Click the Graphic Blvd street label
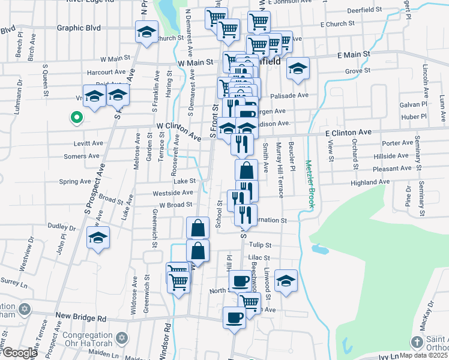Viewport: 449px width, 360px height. coord(79,28)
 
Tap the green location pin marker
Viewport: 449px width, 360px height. coord(76,118)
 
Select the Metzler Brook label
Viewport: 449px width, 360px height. coord(310,184)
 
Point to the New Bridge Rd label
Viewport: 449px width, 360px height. coord(80,316)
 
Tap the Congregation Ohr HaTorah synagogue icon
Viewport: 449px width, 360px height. coord(122,338)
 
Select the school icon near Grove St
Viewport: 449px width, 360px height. coord(297,68)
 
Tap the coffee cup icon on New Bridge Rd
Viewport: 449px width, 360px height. coord(234,316)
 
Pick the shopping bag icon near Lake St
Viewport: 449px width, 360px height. coord(246,170)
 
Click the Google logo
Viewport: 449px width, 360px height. coord(19,353)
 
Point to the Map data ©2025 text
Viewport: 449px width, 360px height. coord(424,355)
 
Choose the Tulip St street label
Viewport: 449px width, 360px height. coord(261,245)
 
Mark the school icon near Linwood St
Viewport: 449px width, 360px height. coord(286,280)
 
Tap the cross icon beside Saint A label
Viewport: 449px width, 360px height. coord(417,342)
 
